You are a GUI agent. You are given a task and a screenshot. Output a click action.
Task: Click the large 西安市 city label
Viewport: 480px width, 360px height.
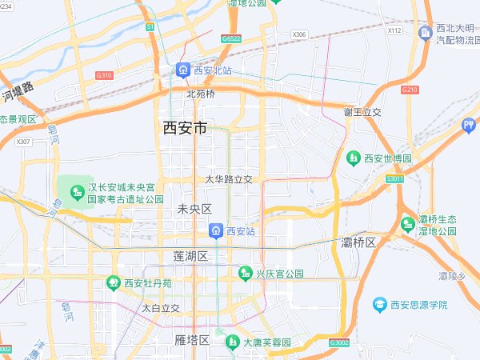coord(185,127)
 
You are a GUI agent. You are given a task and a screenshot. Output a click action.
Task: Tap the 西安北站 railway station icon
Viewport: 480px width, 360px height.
coord(183,70)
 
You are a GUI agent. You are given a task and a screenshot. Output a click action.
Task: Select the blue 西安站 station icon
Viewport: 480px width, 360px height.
coord(216,231)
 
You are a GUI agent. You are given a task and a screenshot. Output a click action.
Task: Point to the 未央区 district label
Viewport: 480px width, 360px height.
coord(194,209)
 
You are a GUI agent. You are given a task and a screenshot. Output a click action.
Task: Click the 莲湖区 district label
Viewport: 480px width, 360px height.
coord(190,256)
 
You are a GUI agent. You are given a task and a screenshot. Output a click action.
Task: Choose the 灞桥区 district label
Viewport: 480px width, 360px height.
coord(358,242)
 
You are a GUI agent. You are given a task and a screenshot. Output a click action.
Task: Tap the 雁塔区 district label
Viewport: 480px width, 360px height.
coord(192,340)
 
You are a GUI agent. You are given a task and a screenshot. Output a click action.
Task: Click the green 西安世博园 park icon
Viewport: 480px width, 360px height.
coord(353,158)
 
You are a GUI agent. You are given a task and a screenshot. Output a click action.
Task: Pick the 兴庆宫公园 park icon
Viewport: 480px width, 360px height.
coord(246,274)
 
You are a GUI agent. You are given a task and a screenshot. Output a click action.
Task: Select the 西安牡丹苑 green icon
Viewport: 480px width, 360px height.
coord(113,282)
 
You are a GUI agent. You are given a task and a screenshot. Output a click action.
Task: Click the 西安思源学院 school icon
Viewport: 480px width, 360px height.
coord(379,305)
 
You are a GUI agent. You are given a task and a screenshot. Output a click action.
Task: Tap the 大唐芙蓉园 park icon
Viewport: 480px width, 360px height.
coord(232,342)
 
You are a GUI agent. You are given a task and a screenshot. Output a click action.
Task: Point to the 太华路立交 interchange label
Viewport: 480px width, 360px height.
coord(229,179)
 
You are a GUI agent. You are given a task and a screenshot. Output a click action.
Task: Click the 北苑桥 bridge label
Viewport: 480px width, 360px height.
coord(201,93)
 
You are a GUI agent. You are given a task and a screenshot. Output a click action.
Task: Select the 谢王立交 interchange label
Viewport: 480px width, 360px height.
coord(362,111)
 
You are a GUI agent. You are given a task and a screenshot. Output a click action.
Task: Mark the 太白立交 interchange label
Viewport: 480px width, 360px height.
coord(161,307)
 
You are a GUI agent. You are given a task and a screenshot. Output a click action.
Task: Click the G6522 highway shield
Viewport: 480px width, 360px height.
coord(231,38)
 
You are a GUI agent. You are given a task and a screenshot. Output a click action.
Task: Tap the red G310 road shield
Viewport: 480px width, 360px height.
coord(104,75)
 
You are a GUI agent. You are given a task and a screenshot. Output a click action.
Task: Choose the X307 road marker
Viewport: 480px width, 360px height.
coord(23,142)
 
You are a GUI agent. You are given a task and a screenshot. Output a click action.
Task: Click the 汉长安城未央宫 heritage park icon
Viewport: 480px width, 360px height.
coord(77,193)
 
